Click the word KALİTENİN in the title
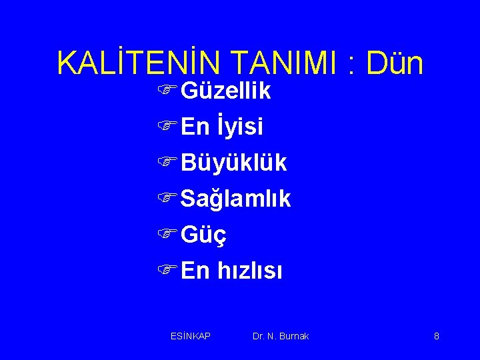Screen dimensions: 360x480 (141, 63)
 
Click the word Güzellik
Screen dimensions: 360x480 (225, 91)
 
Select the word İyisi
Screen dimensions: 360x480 (239, 125)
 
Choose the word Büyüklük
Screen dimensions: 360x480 (233, 162)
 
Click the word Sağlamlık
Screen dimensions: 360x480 (235, 199)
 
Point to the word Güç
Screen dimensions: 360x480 (203, 235)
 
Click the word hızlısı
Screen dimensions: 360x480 (250, 271)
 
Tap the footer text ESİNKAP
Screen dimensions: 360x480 (191, 336)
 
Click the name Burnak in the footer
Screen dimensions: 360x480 (295, 336)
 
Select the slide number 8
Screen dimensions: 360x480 (436, 336)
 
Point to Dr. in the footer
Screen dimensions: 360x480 (259, 336)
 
